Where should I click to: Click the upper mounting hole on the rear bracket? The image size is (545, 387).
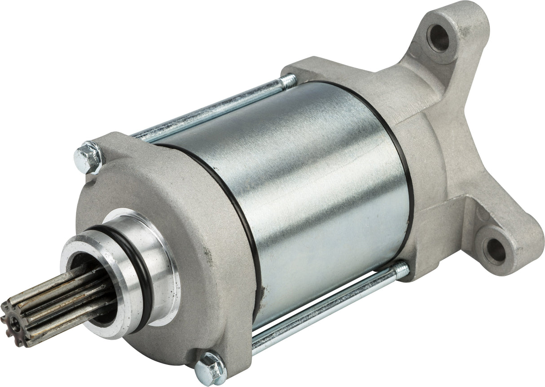pyautogui.click(x=438, y=38)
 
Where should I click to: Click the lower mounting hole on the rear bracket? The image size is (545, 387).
pyautogui.click(x=497, y=245)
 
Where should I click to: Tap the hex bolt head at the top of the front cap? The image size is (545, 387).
pyautogui.click(x=88, y=158)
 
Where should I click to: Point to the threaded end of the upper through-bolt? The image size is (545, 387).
pyautogui.click(x=287, y=81)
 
